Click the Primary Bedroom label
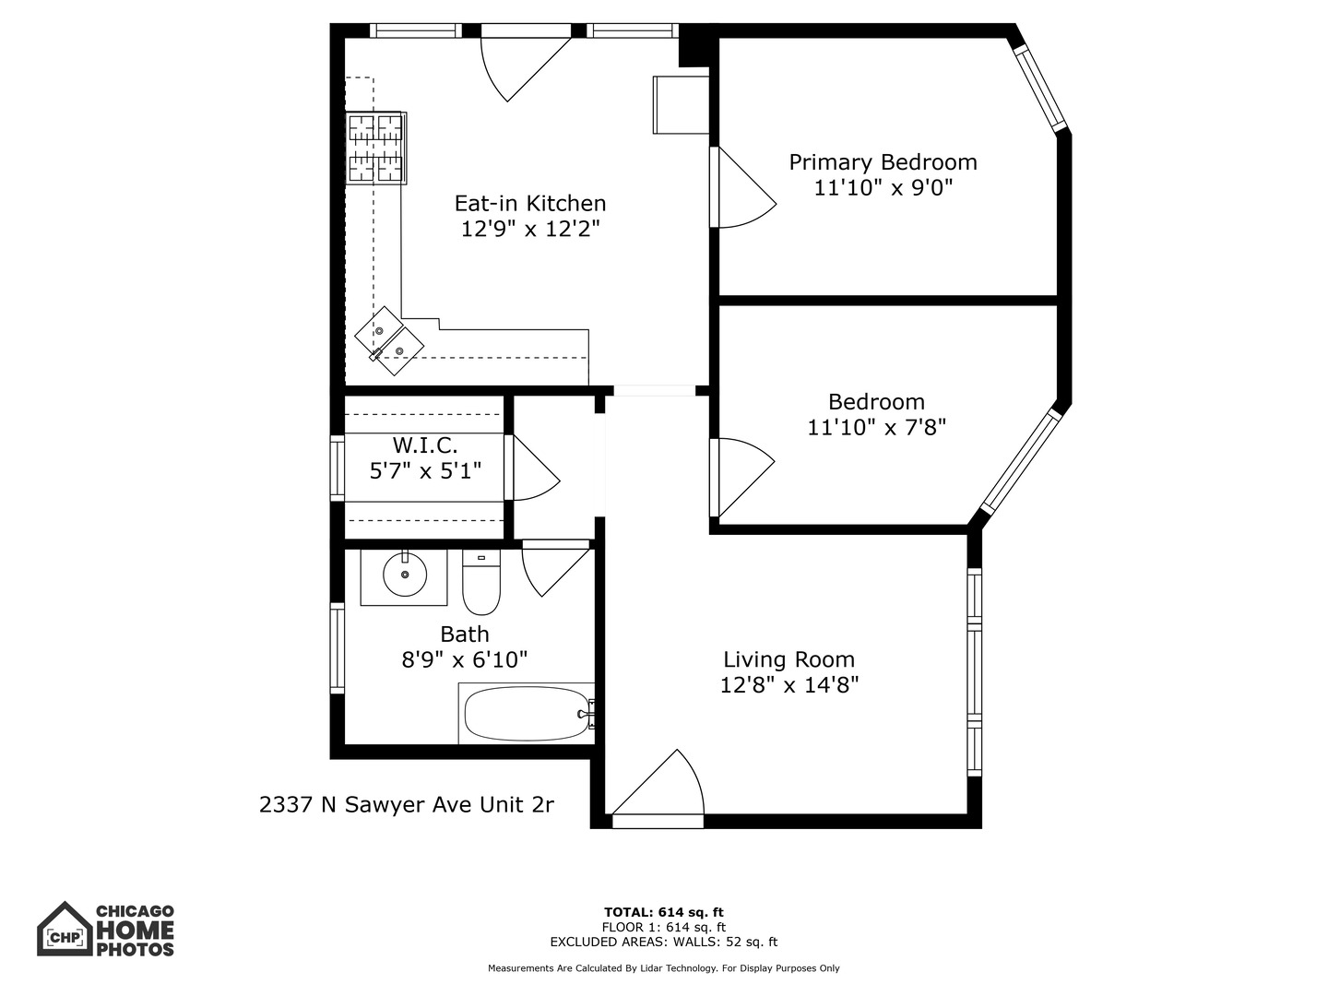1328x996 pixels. coord(883,162)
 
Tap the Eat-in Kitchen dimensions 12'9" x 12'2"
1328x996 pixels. coord(530,229)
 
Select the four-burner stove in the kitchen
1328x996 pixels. coord(376,148)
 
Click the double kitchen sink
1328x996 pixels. coord(389,340)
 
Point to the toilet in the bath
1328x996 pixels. coord(480,583)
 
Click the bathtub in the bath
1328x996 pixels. coord(527,714)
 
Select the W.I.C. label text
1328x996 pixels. coord(425,445)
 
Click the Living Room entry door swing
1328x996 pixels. coord(659,787)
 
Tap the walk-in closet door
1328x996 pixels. coord(532,469)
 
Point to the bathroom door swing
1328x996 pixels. coord(553,568)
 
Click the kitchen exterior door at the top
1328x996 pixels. coord(523,63)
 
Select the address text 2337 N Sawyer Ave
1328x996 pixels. coord(406,805)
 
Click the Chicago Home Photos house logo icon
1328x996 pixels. coord(64,930)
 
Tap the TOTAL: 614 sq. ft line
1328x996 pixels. coord(663,913)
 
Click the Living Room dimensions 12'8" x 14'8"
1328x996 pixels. coord(788,685)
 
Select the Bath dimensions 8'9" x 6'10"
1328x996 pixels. coord(464,659)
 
